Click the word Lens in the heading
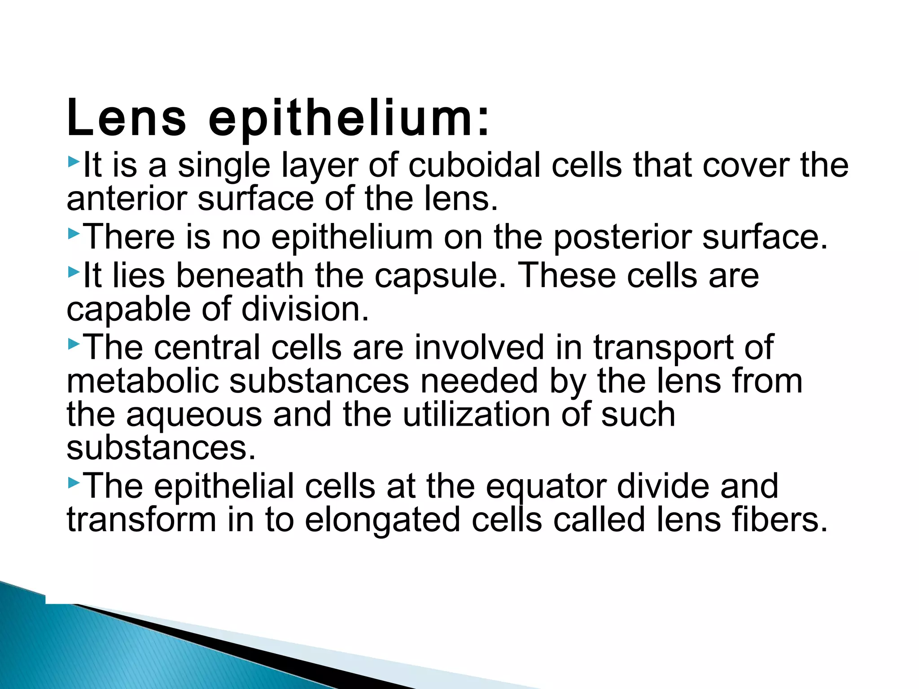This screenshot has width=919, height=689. [x=126, y=118]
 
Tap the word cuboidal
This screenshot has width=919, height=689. [x=474, y=166]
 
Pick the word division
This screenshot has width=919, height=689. [x=305, y=310]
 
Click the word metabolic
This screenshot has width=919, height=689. [x=142, y=381]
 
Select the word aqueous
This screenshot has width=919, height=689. [x=194, y=415]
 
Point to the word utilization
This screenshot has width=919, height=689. [x=476, y=414]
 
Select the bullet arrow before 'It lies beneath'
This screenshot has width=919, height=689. [x=74, y=272]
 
